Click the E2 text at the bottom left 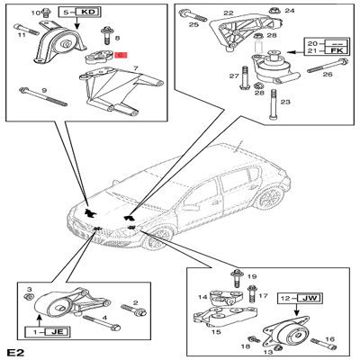13,351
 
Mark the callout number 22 228,13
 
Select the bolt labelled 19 236,276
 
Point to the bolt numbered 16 318,342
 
